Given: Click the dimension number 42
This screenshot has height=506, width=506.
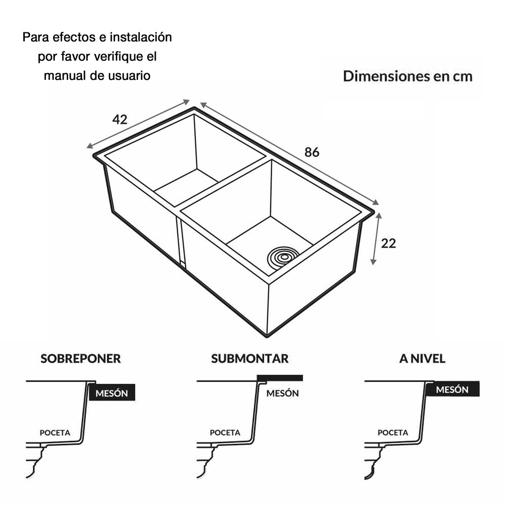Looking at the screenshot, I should pos(120,119).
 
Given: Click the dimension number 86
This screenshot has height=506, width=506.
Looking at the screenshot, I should pos(312,152).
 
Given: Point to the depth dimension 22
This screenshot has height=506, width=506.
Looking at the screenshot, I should pos(389,243).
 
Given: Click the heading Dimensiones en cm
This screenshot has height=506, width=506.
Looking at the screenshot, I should pos(407,76).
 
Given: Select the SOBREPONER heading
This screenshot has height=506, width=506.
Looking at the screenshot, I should pos(80,359).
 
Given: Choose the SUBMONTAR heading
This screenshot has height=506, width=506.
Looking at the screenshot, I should pos(250,359).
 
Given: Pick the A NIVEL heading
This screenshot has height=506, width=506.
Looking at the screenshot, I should pos(422,359).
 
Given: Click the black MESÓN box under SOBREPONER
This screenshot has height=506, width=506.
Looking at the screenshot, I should pos(112,393).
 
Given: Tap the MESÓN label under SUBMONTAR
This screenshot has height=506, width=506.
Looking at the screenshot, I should pos(282,393).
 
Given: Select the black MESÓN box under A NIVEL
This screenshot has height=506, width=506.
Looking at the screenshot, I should pos(452,390).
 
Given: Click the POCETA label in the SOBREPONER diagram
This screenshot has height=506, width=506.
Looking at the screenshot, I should pos(55,433).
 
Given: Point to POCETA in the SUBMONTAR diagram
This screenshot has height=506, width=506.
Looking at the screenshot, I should pos(225,433).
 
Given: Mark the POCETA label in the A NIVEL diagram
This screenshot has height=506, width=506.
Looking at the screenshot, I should pos(393,433).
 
